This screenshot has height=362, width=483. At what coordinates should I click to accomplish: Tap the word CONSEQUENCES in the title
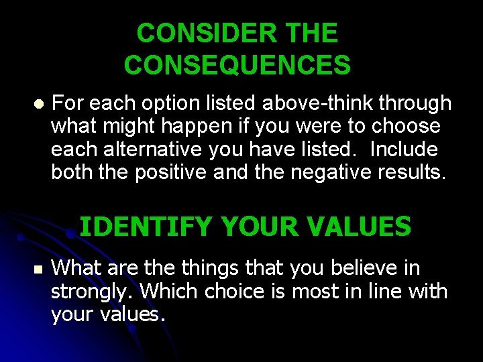click(x=237, y=65)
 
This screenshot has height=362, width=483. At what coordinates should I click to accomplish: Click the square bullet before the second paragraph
click(x=38, y=269)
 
